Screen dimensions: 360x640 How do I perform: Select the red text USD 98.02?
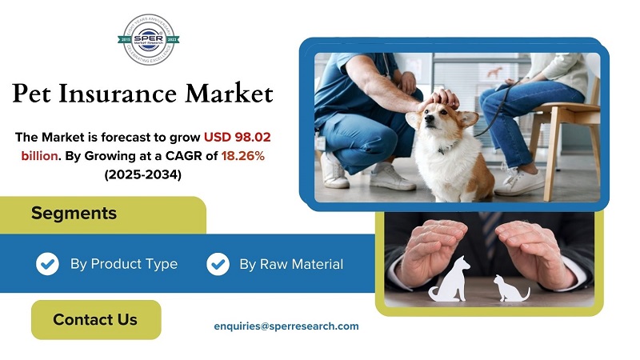pyautogui.click(x=237, y=138)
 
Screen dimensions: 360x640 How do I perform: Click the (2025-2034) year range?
pyautogui.click(x=142, y=174)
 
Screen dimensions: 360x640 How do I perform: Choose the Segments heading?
pyautogui.click(x=74, y=214)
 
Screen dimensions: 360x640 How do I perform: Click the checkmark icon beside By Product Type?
pyautogui.click(x=47, y=264)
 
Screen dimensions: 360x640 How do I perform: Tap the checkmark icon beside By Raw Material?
pyautogui.click(x=218, y=264)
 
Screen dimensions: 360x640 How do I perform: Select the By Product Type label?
pyautogui.click(x=123, y=264)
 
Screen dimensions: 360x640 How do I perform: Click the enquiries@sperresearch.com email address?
pyautogui.click(x=286, y=326)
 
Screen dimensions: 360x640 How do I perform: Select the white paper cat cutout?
pyautogui.click(x=509, y=288)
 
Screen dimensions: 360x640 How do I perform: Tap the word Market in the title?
pyautogui.click(x=229, y=94)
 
